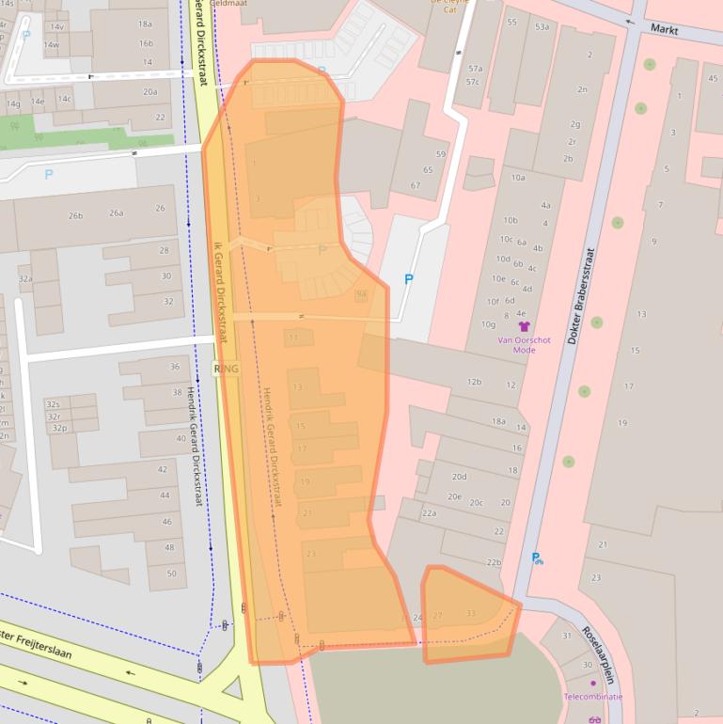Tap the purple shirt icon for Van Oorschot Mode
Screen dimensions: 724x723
[x=524, y=326]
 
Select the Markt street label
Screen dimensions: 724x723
[x=665, y=30]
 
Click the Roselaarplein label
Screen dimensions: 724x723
[x=598, y=654]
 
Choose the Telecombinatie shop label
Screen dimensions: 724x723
[x=592, y=697]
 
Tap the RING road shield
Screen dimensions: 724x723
[x=227, y=369]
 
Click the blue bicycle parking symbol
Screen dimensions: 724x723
[x=537, y=559]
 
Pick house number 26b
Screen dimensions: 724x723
[x=75, y=215]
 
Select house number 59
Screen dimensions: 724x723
[x=441, y=154]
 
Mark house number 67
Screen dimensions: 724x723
[x=415, y=185]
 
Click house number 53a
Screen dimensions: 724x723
[x=542, y=27]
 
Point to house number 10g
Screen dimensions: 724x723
[x=488, y=324]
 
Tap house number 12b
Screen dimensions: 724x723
[x=475, y=381]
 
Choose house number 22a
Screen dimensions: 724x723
[x=429, y=513]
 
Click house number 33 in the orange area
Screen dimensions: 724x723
[x=470, y=614]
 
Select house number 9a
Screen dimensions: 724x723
[x=361, y=294]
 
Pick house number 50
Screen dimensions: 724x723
[x=170, y=573]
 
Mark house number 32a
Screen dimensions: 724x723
[x=25, y=279]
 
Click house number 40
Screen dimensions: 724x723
[x=181, y=438]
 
